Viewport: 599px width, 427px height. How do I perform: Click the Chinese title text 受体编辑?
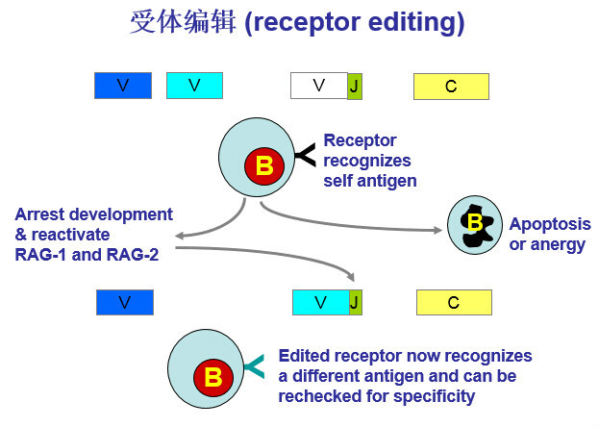click(x=183, y=22)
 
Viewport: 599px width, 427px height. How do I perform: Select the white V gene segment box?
click(x=318, y=86)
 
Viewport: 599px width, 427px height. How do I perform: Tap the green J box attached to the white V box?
click(x=354, y=86)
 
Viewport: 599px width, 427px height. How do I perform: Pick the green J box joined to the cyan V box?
click(x=355, y=302)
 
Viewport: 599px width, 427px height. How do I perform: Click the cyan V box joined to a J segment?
click(x=320, y=302)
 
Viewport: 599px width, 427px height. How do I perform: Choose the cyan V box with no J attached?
click(x=194, y=86)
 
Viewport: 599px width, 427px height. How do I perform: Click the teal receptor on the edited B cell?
click(x=256, y=366)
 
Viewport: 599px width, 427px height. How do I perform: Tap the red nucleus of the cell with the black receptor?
click(x=264, y=165)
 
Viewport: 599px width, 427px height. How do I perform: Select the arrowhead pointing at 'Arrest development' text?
click(x=181, y=235)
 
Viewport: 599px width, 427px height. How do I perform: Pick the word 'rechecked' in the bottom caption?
click(x=317, y=395)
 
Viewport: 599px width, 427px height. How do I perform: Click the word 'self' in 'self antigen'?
click(x=339, y=179)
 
